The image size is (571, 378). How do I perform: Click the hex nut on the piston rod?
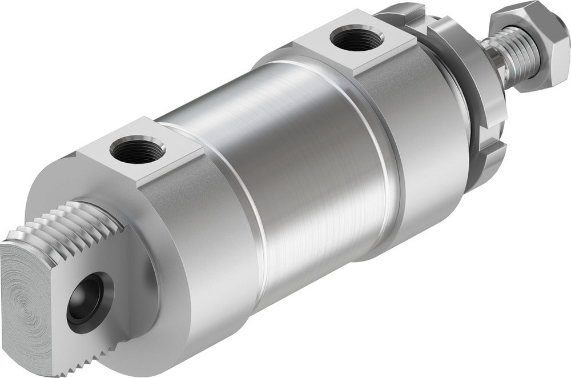526,46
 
